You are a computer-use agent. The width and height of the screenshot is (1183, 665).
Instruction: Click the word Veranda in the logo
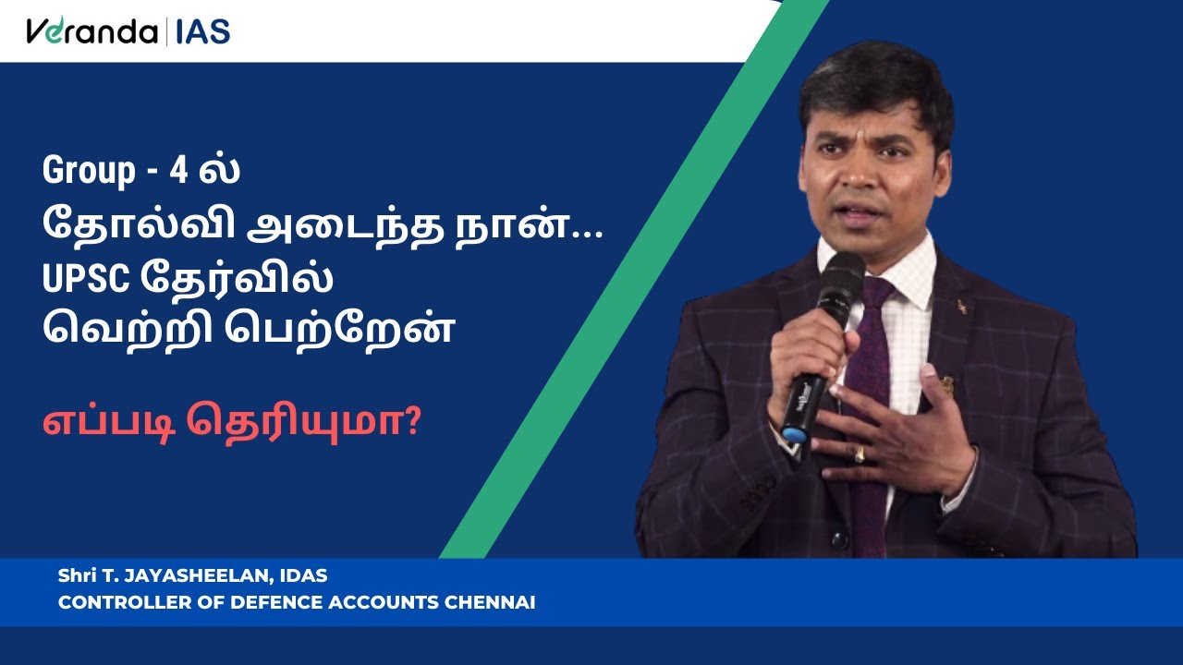[x=91, y=31]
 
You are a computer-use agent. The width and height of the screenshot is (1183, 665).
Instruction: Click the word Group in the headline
[x=89, y=172]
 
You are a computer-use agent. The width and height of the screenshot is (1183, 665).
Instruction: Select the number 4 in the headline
[x=178, y=171]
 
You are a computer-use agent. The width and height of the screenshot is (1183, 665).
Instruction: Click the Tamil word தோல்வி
[x=139, y=223]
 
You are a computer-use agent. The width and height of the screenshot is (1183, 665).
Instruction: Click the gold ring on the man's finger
[x=860, y=453]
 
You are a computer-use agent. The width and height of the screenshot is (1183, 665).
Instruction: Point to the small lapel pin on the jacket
[x=962, y=306]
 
